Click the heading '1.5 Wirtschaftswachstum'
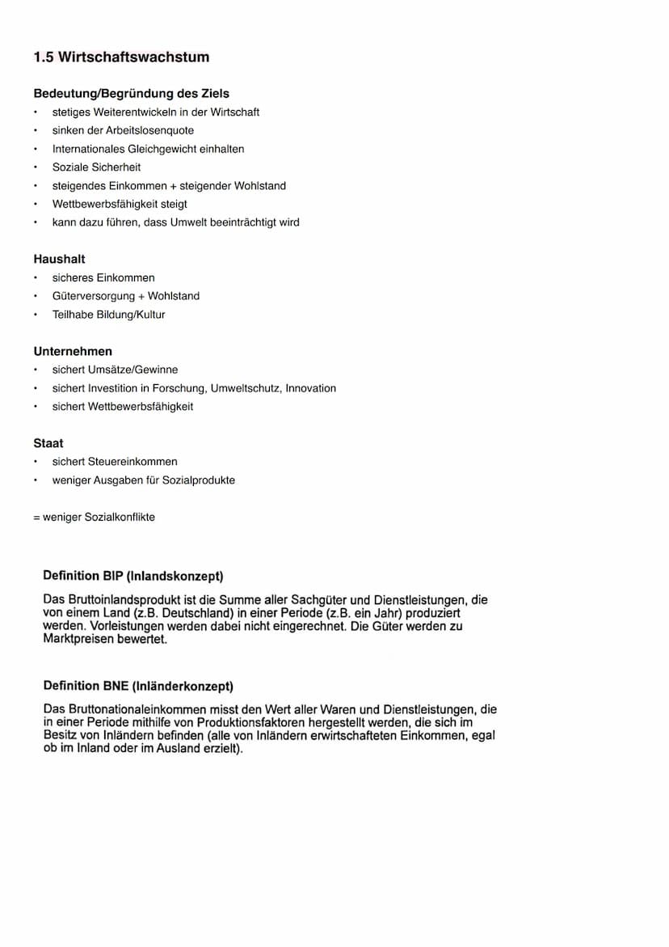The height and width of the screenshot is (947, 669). coord(121,57)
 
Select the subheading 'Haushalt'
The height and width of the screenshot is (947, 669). coord(59,260)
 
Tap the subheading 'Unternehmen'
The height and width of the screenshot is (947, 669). coord(73,352)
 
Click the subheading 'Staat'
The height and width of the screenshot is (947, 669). coord(48,443)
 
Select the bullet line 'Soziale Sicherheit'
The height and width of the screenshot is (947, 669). coord(96,167)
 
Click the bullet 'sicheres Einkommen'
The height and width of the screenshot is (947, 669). coord(103,278)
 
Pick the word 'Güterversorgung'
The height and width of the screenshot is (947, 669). coord(94,296)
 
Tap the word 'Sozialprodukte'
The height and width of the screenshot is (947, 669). coord(199,480)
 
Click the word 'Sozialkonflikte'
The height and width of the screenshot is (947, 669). coord(120,517)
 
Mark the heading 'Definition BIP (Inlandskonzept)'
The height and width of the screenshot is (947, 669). coord(133,576)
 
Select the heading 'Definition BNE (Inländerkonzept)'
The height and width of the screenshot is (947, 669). coord(138,686)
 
